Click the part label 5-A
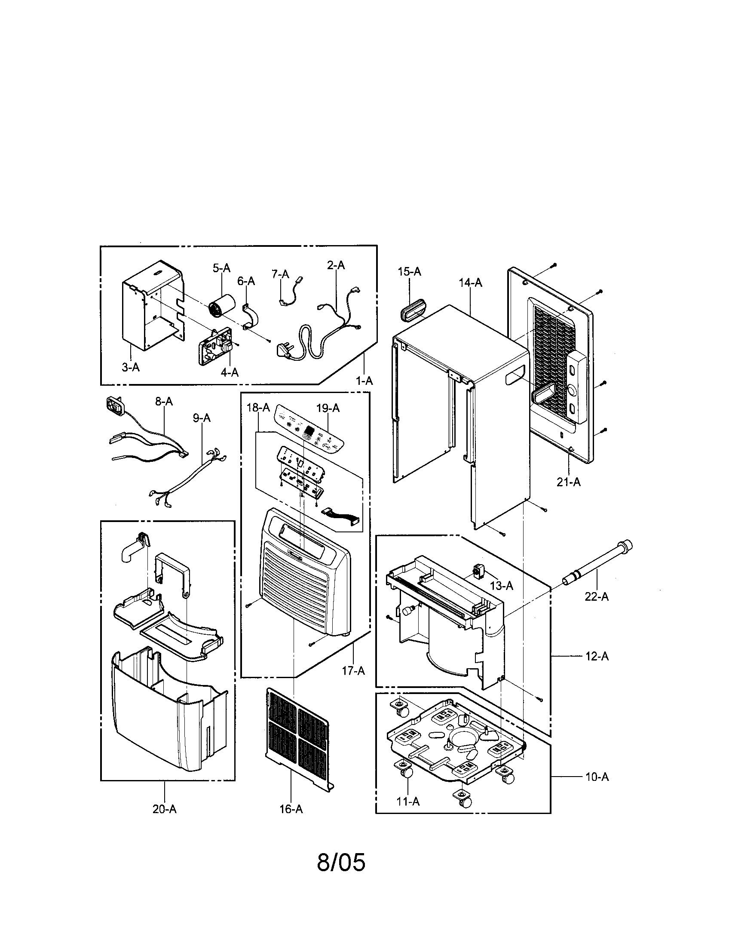[x=221, y=268]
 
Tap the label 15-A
[x=409, y=272]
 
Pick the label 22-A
[x=597, y=597]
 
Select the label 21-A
[x=568, y=482]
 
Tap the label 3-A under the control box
[x=130, y=367]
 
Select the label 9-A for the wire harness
[x=202, y=418]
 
